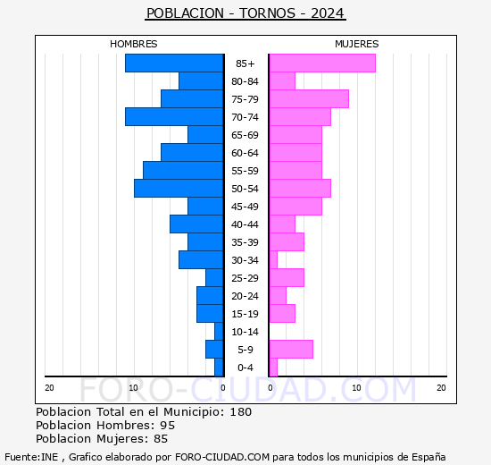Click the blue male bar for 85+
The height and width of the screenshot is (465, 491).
174,63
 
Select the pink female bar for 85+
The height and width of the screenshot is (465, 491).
321,63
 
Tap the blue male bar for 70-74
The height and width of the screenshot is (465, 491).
174,116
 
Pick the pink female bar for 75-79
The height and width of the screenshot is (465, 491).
308,98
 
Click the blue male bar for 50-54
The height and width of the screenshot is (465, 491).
179,188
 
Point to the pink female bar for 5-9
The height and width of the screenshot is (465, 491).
290,349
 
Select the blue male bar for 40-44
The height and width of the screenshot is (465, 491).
196,224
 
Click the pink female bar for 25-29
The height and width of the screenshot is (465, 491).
286,277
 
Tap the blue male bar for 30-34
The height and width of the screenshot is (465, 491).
201,259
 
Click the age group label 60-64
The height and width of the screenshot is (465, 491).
245,153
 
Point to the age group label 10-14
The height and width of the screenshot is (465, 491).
245,332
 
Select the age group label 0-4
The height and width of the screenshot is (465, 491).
245,368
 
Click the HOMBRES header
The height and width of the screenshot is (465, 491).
133,44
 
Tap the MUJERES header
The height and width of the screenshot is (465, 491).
356,44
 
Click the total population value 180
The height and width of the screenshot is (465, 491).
239,412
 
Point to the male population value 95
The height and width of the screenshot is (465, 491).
166,426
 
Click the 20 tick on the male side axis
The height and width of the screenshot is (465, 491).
49,387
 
